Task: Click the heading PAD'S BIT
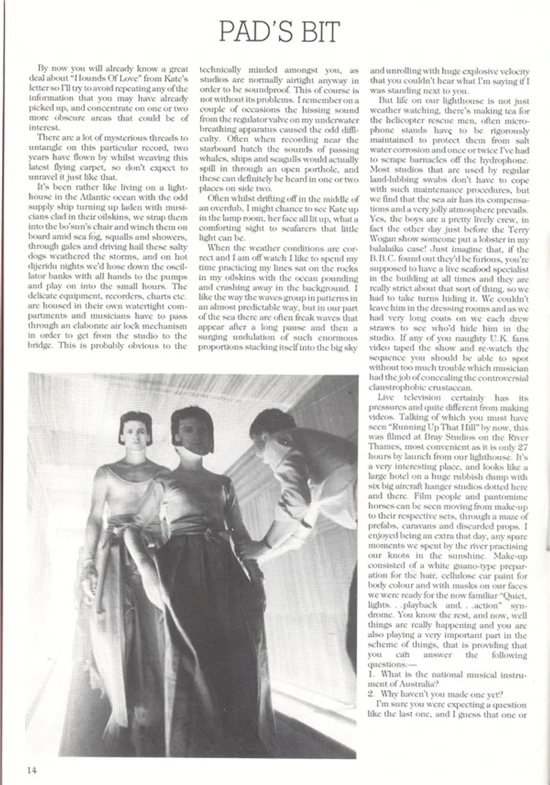point(279,32)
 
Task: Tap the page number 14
point(33,769)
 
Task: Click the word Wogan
point(388,239)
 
